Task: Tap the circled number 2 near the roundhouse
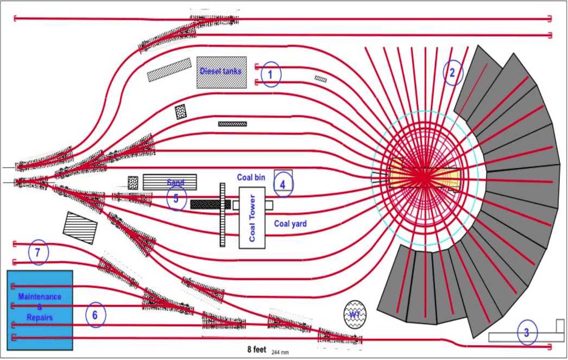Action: pos(452,72)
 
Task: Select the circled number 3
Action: pos(526,333)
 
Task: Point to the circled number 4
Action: pos(282,185)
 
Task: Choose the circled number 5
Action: pos(176,199)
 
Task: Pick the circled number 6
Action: pos(96,314)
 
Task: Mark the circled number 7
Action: pos(38,252)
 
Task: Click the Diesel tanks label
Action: pos(221,71)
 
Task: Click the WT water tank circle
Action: pos(355,314)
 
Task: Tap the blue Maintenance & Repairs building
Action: pos(40,310)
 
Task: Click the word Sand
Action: pos(175,182)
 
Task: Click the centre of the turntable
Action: pos(424,176)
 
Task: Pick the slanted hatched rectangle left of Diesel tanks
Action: pos(169,70)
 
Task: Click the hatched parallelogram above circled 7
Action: pos(80,228)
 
